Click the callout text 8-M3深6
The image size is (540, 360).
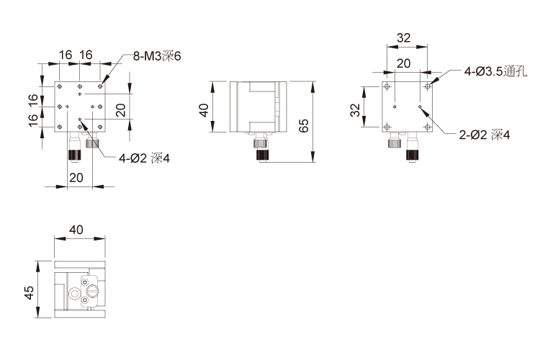point(157,56)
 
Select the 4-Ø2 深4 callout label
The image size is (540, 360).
point(144,158)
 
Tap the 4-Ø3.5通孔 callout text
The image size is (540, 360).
point(495,72)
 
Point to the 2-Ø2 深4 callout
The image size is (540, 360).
point(485,135)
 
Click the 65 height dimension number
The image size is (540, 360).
point(304,126)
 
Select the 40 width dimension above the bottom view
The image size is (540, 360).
point(76,230)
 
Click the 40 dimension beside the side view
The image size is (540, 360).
point(204,110)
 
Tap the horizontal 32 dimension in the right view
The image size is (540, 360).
point(404,37)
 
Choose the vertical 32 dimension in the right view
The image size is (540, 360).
point(355,110)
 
